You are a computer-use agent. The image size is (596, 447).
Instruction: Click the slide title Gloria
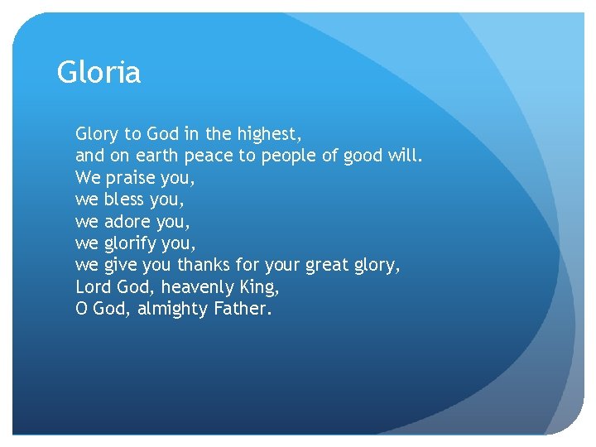pos(99,73)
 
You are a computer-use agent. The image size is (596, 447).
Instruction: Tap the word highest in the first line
pos(270,133)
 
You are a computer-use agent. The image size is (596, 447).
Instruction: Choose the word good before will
pos(363,156)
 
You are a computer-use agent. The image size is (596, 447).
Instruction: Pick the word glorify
pos(131,244)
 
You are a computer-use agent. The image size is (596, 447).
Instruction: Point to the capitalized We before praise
pos(87,178)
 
